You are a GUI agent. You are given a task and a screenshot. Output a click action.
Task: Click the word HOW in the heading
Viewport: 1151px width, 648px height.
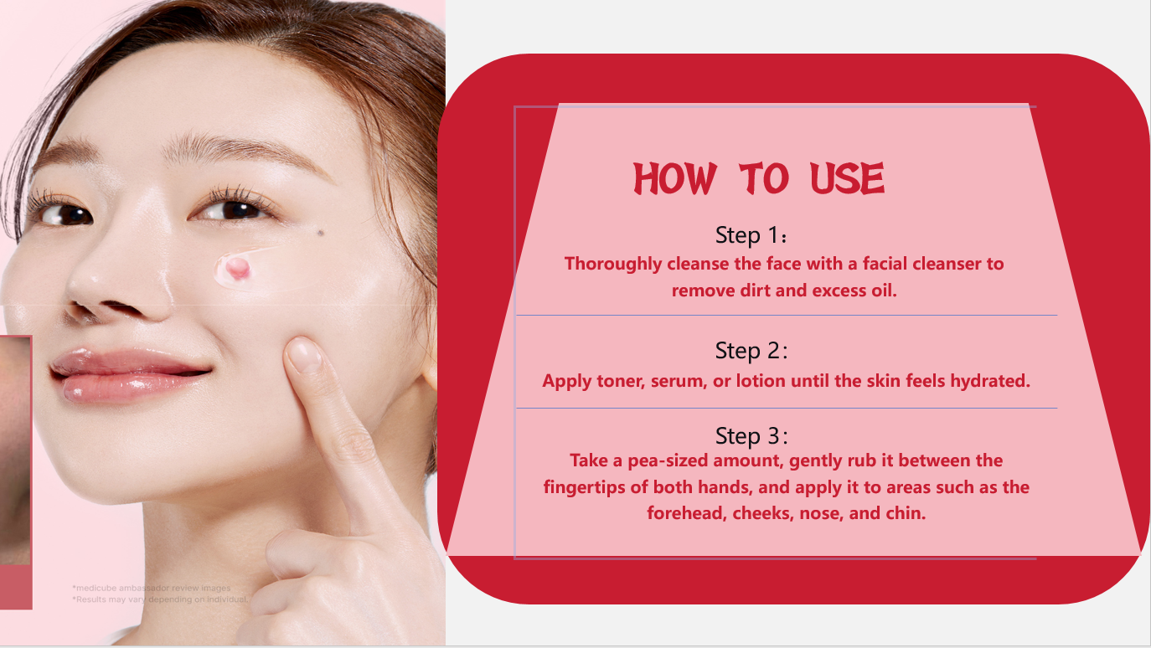[675, 179]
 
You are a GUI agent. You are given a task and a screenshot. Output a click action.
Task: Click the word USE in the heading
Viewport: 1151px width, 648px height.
[847, 179]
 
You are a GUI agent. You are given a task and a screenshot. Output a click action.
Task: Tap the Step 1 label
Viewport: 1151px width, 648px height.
[751, 234]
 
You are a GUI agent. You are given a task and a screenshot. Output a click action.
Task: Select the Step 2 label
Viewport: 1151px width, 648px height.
[751, 350]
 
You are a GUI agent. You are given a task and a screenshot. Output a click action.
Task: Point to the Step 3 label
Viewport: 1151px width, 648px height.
[751, 436]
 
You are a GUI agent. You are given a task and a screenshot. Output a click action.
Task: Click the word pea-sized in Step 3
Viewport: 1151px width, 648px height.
[652, 460]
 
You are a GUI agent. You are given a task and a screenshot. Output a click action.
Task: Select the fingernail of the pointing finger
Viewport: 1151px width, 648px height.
[304, 356]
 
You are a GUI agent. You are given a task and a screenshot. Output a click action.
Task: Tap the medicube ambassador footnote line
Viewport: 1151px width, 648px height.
[151, 588]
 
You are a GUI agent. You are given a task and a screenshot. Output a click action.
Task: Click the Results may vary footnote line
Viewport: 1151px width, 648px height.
[159, 599]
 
